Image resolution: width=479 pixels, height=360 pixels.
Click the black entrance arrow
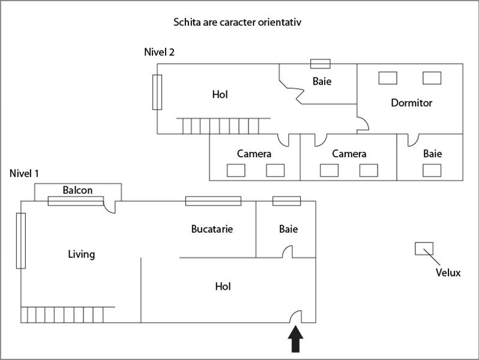point(296,340)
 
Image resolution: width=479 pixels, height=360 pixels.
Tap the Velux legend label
point(448,273)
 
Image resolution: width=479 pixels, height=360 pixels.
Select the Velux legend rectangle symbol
point(424,248)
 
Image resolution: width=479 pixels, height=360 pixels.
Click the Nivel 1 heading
point(25,173)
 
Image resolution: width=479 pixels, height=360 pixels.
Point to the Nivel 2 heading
point(159,52)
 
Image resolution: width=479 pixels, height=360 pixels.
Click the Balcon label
point(78,190)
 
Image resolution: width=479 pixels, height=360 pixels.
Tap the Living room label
point(81,254)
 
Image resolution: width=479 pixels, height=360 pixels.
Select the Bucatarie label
point(212,229)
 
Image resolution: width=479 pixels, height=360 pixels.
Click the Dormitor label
point(411,103)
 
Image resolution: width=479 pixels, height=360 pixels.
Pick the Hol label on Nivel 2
point(220,94)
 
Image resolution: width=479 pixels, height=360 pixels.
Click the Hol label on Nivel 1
point(223,287)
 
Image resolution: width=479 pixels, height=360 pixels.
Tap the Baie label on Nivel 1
point(288,229)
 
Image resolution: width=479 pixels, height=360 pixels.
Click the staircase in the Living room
point(64,315)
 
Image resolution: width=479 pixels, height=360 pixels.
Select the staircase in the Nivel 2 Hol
point(221,126)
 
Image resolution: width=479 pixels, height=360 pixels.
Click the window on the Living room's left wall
point(21,241)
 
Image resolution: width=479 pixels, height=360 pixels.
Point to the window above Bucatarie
point(213,201)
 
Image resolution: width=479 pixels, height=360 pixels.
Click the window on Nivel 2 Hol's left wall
point(157,92)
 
